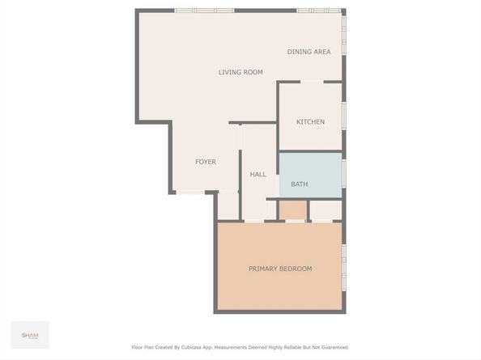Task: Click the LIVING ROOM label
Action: [x=240, y=72]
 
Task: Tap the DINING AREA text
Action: [x=309, y=52]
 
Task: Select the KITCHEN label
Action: [x=310, y=121]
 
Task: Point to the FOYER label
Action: [x=206, y=162]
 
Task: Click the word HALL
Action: [x=258, y=174]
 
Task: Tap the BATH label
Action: [x=300, y=184]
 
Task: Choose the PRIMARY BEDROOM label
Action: [x=280, y=269]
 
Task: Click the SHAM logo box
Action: [x=30, y=335]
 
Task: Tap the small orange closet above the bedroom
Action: [x=293, y=210]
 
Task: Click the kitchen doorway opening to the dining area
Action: [x=312, y=82]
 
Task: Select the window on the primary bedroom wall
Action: [x=344, y=267]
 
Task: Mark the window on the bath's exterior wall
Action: [x=344, y=173]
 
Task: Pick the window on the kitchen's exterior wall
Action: [x=344, y=116]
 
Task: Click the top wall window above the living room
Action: [x=205, y=11]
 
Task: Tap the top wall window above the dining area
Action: [x=319, y=11]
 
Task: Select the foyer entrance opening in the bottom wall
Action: [x=190, y=193]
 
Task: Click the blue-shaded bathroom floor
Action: [x=310, y=175]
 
